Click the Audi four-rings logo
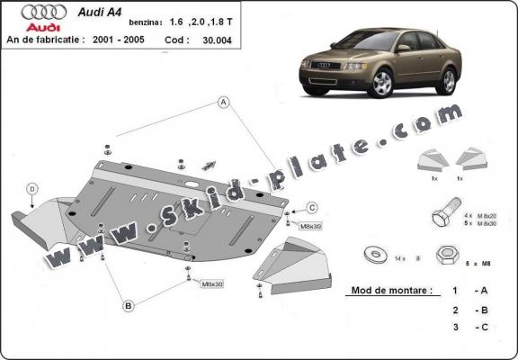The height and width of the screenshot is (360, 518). click(x=43, y=13)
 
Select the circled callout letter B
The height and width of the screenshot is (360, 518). click(x=129, y=306)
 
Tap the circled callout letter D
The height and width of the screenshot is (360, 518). click(x=31, y=189)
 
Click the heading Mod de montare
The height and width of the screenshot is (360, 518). click(x=387, y=292)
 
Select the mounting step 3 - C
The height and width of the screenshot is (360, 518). click(x=468, y=328)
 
